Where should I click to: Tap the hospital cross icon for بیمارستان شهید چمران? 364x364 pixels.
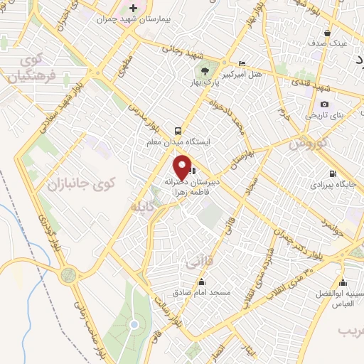coord(133,7)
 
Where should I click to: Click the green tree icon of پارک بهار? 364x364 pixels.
coord(205,70)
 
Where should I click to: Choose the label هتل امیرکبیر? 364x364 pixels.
coord(242,74)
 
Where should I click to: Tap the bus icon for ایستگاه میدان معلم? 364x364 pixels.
coord(176,131)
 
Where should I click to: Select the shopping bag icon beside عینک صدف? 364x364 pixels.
coord(326,33)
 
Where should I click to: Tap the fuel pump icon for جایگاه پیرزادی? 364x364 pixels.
coord(332,173)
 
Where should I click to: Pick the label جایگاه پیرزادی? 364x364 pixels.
coord(326,184)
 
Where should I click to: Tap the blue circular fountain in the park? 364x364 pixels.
coord(133,325)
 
